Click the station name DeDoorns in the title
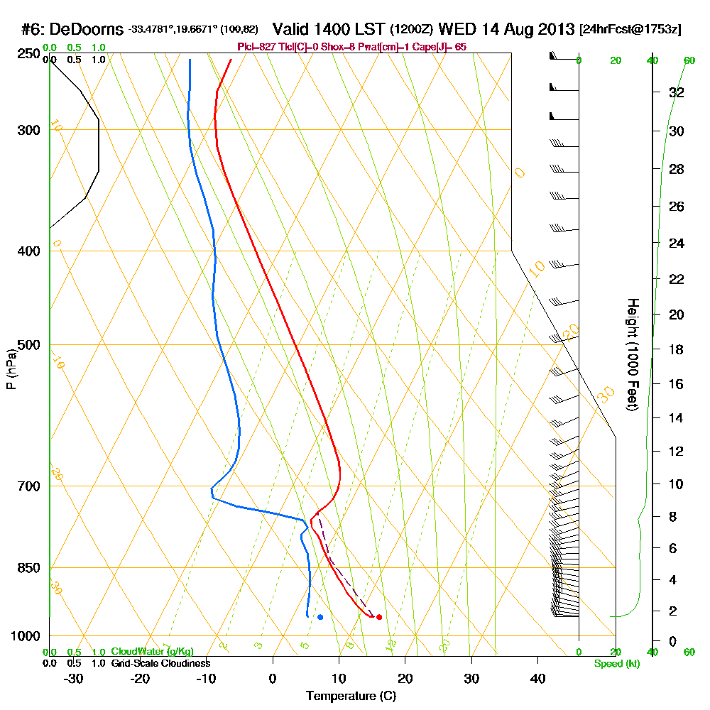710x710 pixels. coord(88,29)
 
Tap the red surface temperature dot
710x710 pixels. coord(379,617)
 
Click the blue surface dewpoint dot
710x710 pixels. coord(320,617)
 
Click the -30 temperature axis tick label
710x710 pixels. coord(73,678)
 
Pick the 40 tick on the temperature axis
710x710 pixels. coord(537,678)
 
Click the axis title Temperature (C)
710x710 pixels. coord(351,696)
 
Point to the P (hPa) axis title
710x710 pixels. coord(11,368)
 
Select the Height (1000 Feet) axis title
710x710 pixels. coord(631,354)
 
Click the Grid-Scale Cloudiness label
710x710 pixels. coord(160,663)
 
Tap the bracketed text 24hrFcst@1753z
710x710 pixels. coord(630,30)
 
